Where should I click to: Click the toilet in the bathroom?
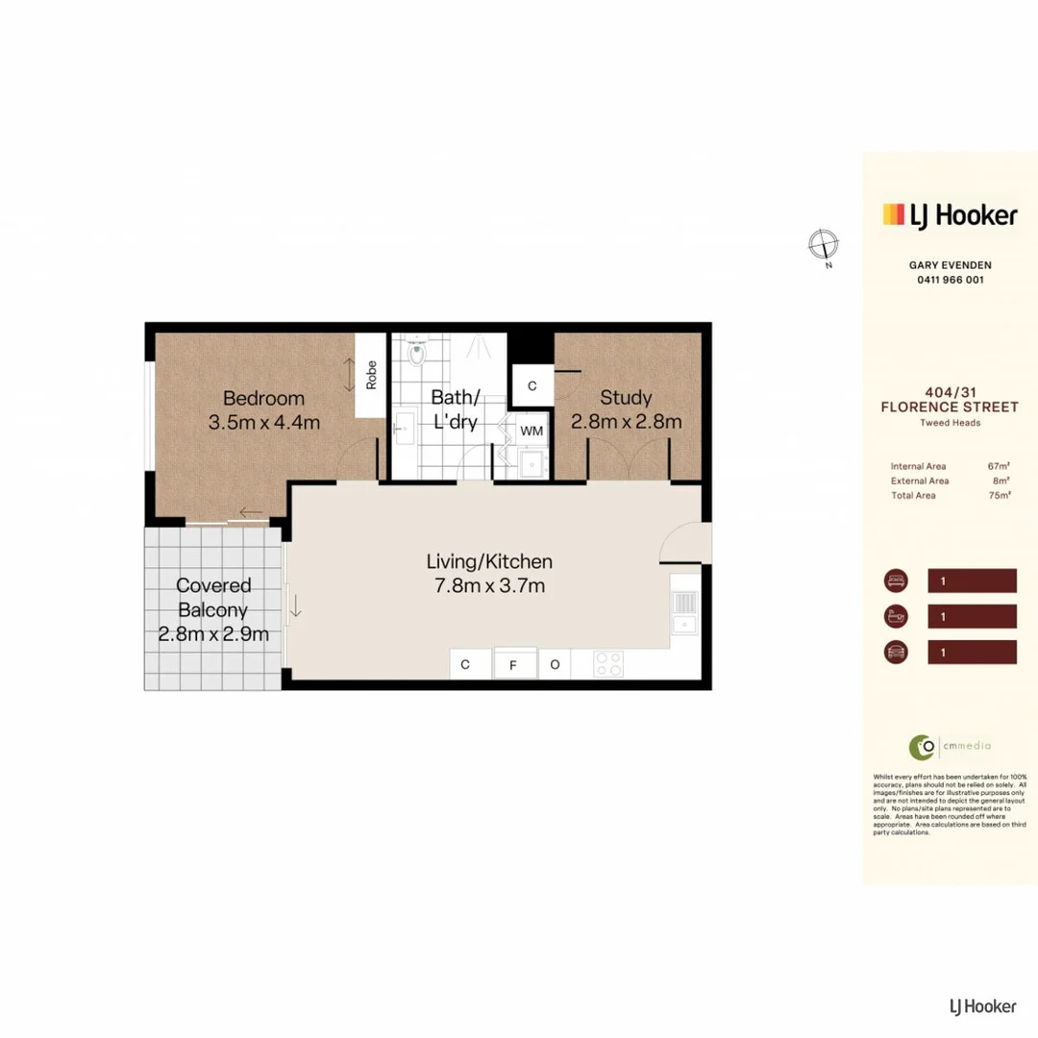[x=415, y=355]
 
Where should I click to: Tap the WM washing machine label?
[x=531, y=432]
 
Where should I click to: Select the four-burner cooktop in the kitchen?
[x=609, y=664]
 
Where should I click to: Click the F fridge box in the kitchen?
[x=514, y=665]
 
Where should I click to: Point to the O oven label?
[x=555, y=665]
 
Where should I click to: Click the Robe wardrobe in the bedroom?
[x=370, y=375]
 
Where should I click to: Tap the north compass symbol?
[x=823, y=244]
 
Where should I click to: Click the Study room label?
[x=626, y=397]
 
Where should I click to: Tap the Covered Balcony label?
[x=213, y=597]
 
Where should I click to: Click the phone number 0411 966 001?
[x=950, y=280]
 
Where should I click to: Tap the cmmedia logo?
[x=936, y=745]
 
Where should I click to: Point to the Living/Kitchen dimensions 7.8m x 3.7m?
[x=489, y=585]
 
